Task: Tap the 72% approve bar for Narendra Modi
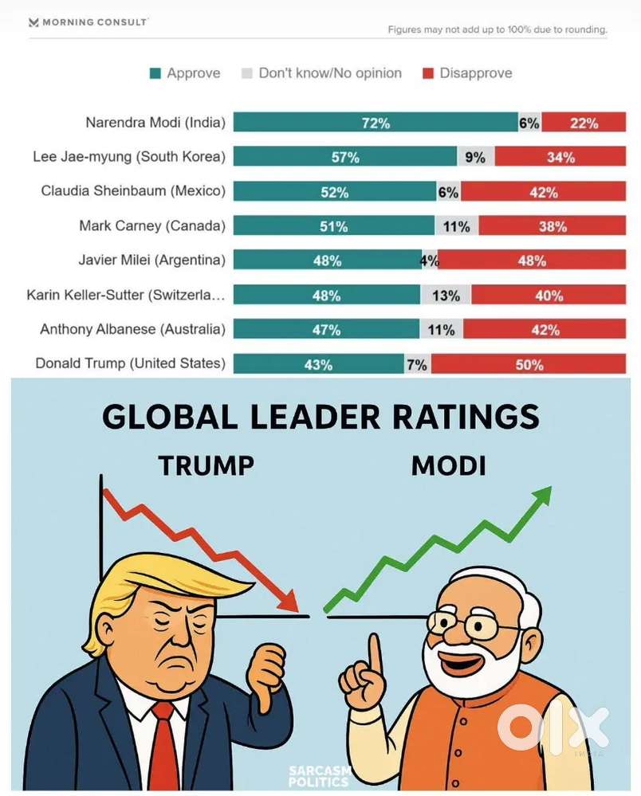point(375,123)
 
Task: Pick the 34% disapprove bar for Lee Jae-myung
point(560,157)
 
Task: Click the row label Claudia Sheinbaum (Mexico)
point(133,191)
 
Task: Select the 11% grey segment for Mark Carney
point(457,226)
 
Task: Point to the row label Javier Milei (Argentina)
point(151,260)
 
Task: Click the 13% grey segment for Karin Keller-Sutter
point(446,295)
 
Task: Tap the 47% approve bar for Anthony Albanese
point(326,329)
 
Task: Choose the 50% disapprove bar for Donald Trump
point(529,364)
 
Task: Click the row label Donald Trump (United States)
point(130,363)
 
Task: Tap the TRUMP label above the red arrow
point(206,465)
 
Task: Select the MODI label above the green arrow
point(448,465)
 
